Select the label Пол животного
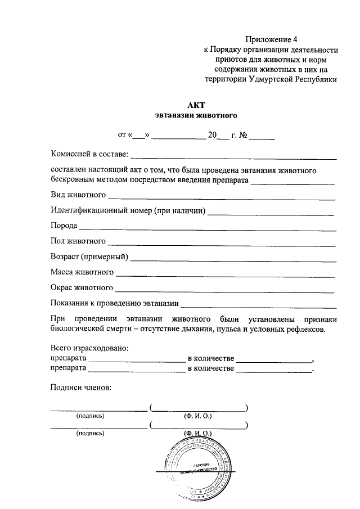point(78,242)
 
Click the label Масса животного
point(82,273)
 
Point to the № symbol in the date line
point(244,135)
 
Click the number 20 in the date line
point(212,135)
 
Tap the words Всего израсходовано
point(89,348)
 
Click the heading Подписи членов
point(81,387)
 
